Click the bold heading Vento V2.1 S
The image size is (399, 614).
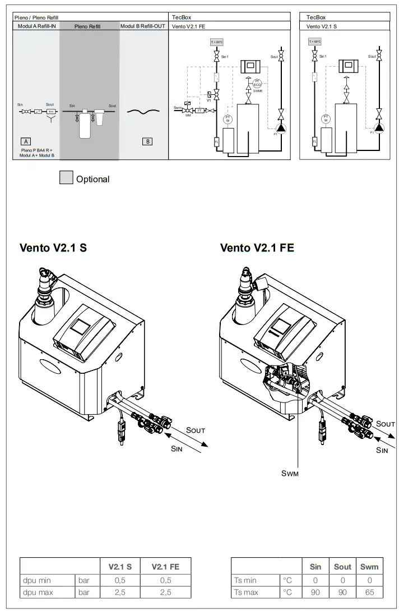coord(53,248)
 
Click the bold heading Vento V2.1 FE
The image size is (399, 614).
coord(257,248)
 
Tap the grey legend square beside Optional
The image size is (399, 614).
coord(66,178)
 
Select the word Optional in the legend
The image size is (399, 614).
coord(92,179)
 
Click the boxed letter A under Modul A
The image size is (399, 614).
coord(25,141)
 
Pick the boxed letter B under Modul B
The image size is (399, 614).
coord(147,141)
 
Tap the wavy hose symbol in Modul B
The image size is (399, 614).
coord(144,111)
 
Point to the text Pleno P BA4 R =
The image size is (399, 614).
coord(36,150)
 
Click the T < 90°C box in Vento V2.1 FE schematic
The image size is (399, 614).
coord(216,42)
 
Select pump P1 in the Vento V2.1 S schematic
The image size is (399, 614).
coord(379,127)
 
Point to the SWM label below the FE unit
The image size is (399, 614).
coord(290,473)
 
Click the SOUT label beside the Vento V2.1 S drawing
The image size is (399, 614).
coord(196,430)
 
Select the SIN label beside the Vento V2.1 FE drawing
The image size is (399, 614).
coord(382,450)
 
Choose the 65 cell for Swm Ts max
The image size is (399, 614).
coord(369,592)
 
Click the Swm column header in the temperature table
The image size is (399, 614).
coord(369,566)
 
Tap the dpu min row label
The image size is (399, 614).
coord(37,580)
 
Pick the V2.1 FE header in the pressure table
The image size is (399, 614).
coord(165,566)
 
